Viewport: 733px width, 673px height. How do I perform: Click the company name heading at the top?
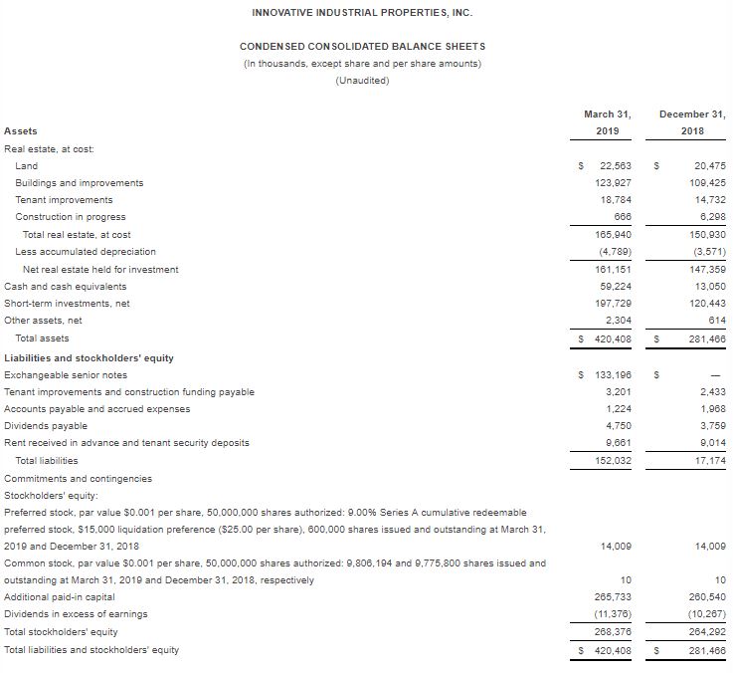pyautogui.click(x=362, y=12)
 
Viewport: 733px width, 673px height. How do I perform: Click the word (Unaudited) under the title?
pyautogui.click(x=362, y=81)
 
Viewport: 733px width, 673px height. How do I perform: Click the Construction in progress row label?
pyautogui.click(x=71, y=216)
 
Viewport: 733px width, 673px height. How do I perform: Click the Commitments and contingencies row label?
pyautogui.click(x=79, y=478)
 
